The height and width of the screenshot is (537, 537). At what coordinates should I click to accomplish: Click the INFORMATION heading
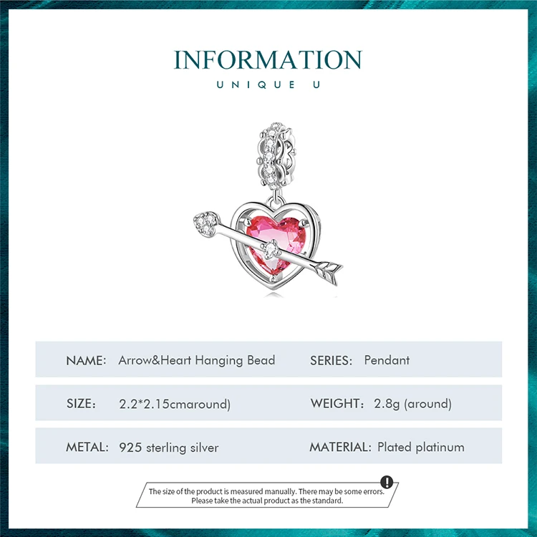click(x=268, y=59)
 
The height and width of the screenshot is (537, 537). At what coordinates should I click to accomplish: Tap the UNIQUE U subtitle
click(x=268, y=85)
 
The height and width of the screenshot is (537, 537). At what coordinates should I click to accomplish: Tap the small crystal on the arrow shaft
click(x=271, y=251)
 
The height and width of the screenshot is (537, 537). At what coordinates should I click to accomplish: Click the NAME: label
click(x=86, y=360)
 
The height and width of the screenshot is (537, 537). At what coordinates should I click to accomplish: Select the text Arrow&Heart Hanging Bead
click(x=196, y=360)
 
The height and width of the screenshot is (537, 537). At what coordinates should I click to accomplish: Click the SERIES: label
click(x=332, y=360)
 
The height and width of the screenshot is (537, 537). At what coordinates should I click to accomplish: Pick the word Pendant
click(x=387, y=360)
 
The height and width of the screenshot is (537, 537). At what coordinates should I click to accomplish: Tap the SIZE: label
click(x=81, y=404)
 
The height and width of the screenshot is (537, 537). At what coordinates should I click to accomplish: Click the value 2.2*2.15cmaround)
click(x=175, y=404)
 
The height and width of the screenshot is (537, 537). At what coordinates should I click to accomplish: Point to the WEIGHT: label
click(x=338, y=404)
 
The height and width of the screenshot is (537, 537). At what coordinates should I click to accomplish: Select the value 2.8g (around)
click(x=412, y=404)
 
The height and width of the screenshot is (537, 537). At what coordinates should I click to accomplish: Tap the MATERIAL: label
click(x=340, y=447)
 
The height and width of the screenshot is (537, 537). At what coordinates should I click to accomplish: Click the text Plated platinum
click(x=421, y=447)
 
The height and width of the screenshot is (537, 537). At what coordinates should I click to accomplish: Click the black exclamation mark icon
click(x=387, y=482)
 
